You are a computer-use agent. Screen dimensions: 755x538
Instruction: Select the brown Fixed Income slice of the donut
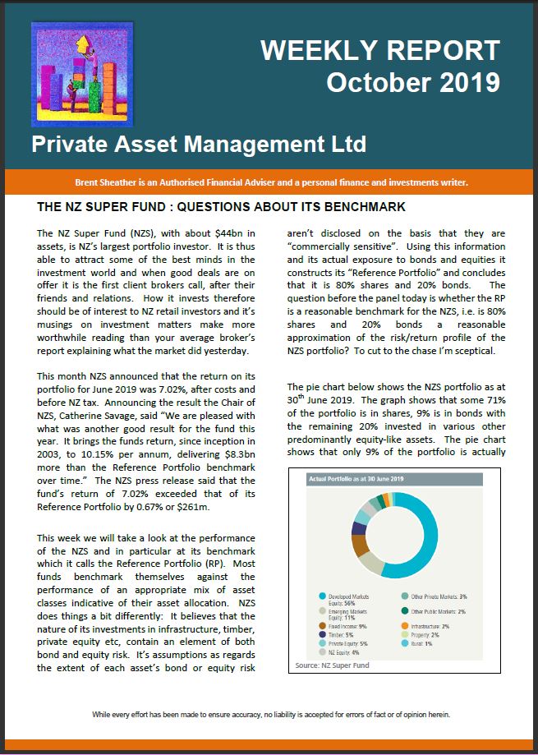(361, 542)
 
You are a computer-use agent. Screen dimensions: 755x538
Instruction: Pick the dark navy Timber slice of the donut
(358, 527)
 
